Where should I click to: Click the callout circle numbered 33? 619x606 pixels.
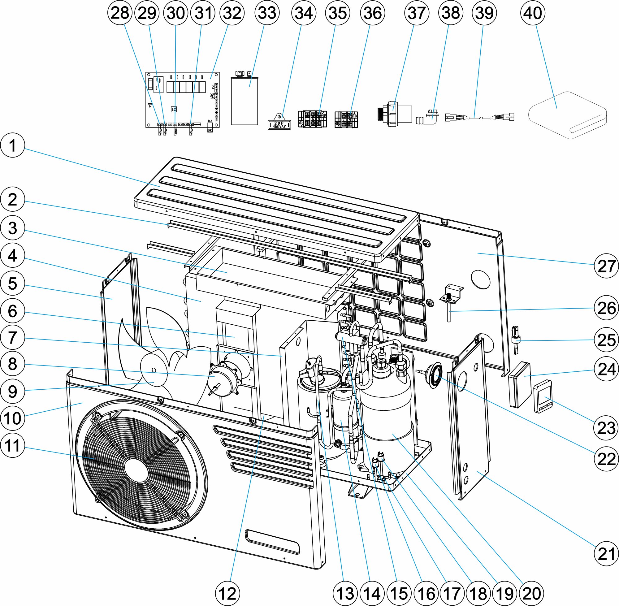(267, 13)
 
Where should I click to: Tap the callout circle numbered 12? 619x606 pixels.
(227, 594)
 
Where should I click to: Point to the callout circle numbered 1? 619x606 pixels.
(12, 145)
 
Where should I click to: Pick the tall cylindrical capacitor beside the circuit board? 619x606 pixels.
(244, 100)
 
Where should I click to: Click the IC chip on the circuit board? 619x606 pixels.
(174, 109)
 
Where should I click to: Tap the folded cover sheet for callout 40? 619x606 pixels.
(567, 115)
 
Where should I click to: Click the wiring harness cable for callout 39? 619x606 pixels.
(479, 117)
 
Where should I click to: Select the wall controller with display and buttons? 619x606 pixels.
(543, 396)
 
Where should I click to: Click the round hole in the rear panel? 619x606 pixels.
(481, 279)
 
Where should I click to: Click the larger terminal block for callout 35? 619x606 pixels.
(312, 119)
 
